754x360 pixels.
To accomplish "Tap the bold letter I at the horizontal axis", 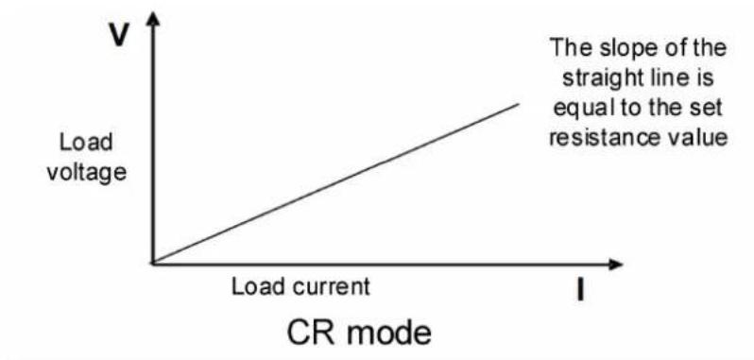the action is coord(580,290).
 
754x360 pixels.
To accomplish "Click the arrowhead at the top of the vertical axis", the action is coord(153,18).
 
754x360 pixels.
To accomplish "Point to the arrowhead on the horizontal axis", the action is coord(615,264).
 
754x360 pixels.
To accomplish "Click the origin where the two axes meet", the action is coord(153,264).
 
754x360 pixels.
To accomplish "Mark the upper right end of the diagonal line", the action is coord(519,103).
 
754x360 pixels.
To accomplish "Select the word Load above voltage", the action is coord(86,143).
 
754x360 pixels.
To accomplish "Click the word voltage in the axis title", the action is coord(86,174).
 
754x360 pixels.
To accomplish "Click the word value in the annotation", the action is coord(697,138).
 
